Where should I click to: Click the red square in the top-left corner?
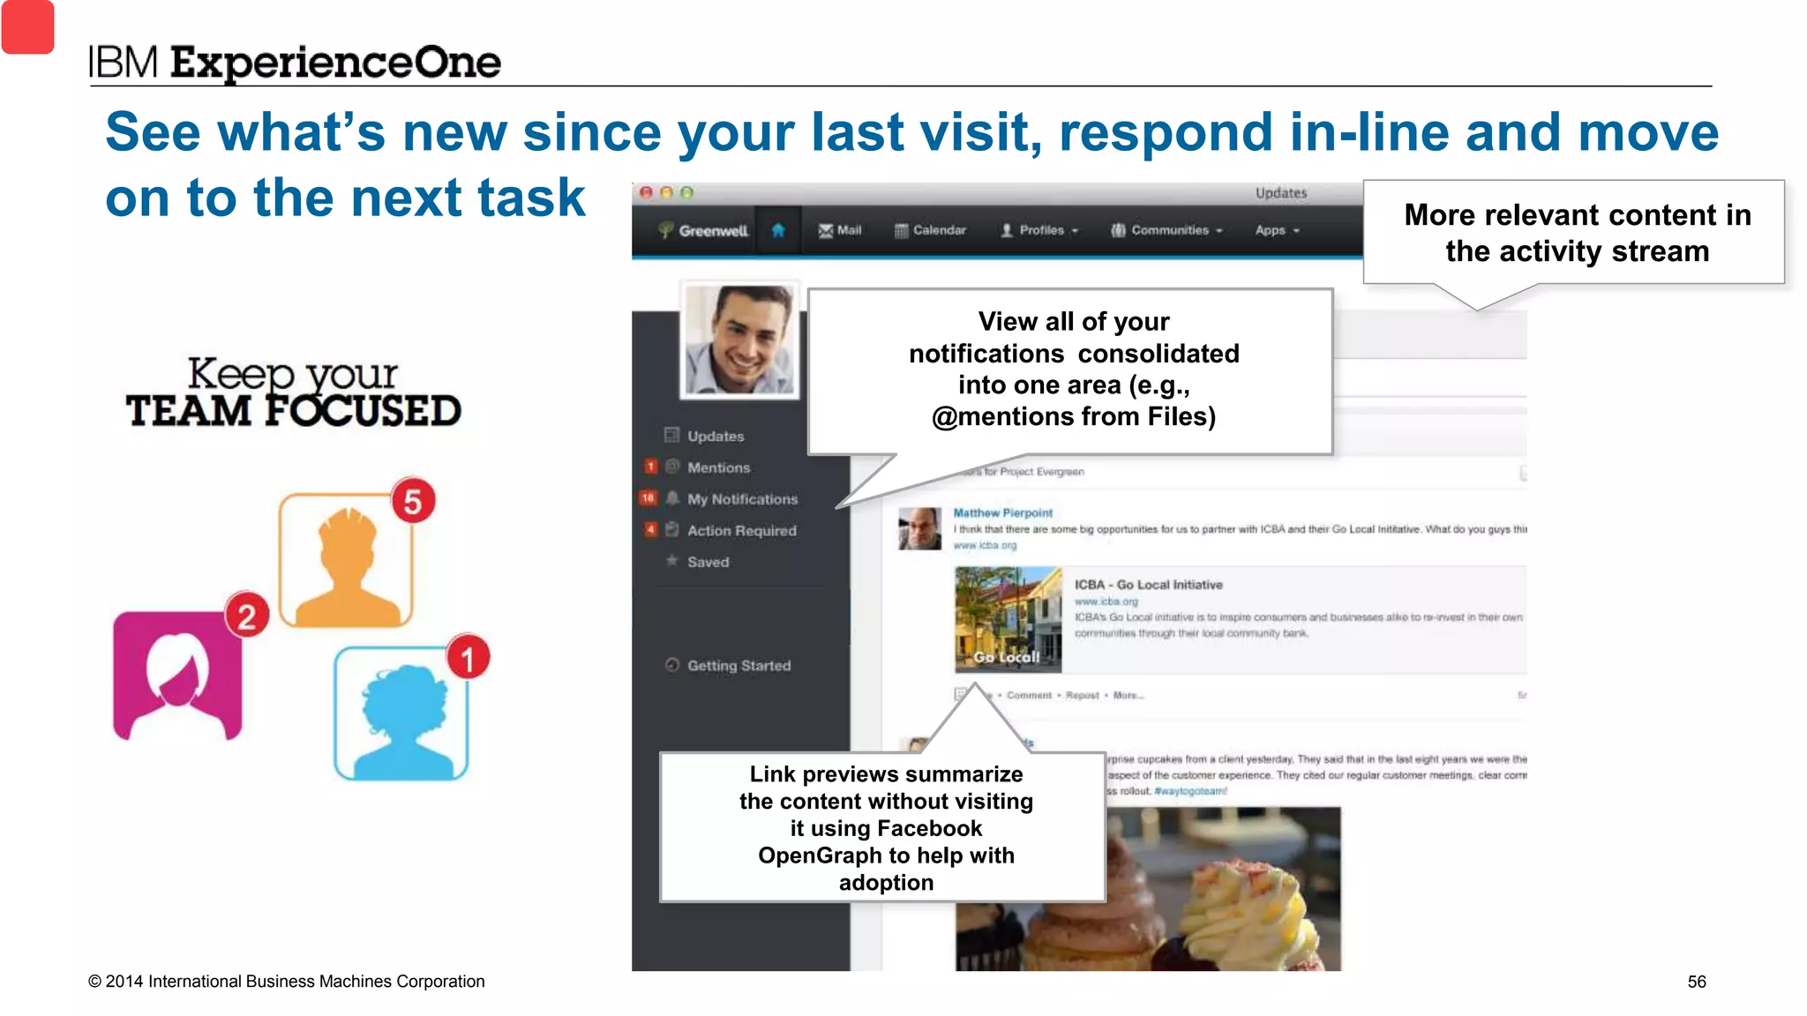pyautogui.click(x=27, y=26)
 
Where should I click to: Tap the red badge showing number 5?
pyautogui.click(x=413, y=501)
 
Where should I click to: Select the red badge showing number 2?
pyautogui.click(x=247, y=616)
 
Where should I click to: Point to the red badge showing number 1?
pyautogui.click(x=468, y=657)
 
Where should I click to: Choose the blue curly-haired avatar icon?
pyautogui.click(x=401, y=714)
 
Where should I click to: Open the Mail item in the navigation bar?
pyautogui.click(x=840, y=230)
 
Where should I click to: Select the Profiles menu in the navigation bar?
pyautogui.click(x=1039, y=230)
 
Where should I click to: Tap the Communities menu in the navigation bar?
pyautogui.click(x=1166, y=230)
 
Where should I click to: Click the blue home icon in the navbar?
pyautogui.click(x=778, y=230)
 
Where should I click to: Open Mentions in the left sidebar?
pyautogui.click(x=718, y=467)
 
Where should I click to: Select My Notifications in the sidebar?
pyautogui.click(x=742, y=499)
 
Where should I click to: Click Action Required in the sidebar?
pyautogui.click(x=741, y=531)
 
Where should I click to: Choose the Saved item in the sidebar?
pyautogui.click(x=708, y=562)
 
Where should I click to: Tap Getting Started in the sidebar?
pyautogui.click(x=739, y=666)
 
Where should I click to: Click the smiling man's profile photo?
pyautogui.click(x=739, y=340)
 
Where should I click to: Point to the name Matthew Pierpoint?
pyautogui.click(x=1002, y=513)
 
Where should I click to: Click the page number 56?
pyautogui.click(x=1696, y=982)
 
